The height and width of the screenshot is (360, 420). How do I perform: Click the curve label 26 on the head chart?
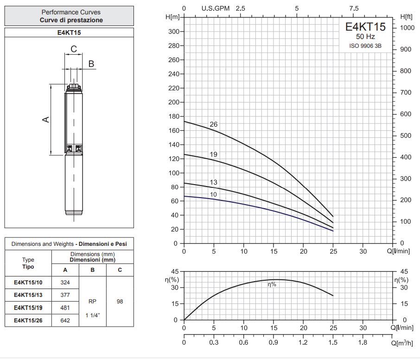pyautogui.click(x=214, y=124)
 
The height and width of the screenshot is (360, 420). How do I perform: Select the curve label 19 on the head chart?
pyautogui.click(x=214, y=154)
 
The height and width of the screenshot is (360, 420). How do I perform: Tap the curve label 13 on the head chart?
pyautogui.click(x=214, y=182)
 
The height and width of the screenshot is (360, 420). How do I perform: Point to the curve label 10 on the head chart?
pyautogui.click(x=214, y=194)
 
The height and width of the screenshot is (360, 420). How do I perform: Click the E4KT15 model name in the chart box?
pyautogui.click(x=365, y=27)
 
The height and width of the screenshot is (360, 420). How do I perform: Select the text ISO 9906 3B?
pyautogui.click(x=365, y=46)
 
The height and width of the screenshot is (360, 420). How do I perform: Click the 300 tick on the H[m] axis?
pyautogui.click(x=174, y=32)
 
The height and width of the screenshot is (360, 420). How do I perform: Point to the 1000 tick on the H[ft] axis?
pyautogui.click(x=407, y=28)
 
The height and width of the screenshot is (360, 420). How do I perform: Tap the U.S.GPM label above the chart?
pyautogui.click(x=216, y=8)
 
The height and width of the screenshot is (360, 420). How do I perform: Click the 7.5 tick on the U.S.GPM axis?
pyautogui.click(x=354, y=8)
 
